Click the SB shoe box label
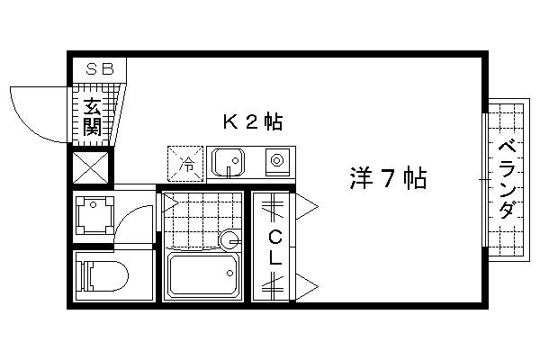100,69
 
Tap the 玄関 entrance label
93,116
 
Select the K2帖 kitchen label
253,121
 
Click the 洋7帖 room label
388,178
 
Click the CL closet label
275,247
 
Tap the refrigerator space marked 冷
185,164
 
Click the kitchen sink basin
228,162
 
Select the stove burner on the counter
276,160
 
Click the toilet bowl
103,275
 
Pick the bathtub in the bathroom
203,274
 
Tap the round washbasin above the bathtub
229,239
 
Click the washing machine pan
94,216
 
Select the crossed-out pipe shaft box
91,167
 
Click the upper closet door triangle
307,207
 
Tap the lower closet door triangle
307,286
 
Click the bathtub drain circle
229,274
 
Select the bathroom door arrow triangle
171,202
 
